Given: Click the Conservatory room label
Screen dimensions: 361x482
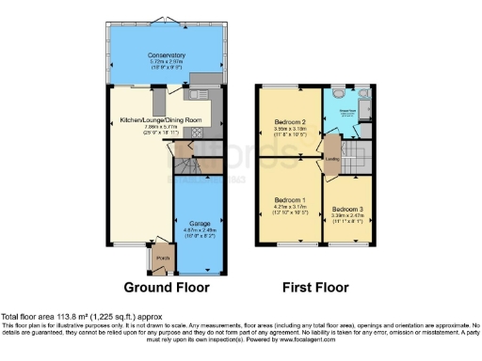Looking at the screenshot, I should coord(166,55).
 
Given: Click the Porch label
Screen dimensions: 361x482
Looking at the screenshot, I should coord(161,258).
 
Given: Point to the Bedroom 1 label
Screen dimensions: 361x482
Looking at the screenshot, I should coord(290,200).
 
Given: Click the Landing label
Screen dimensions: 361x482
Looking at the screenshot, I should coord(332,159).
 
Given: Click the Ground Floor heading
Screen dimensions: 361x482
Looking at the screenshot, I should coord(165,287).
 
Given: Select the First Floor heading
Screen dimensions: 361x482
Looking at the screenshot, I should coord(317,287).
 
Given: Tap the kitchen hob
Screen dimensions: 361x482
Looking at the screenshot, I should coord(199,133).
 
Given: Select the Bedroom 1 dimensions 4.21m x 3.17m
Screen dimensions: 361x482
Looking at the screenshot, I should coord(290,207).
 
